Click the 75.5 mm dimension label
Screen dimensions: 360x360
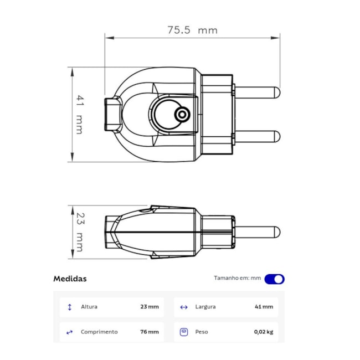point(192,30)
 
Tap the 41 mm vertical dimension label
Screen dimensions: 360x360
point(79,115)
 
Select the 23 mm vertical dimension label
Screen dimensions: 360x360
point(79,232)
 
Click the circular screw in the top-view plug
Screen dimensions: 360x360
point(181,115)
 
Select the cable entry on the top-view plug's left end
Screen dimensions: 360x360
point(114,114)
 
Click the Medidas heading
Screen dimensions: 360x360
point(70,279)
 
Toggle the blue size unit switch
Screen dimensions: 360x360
point(274,279)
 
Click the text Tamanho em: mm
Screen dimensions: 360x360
point(237,279)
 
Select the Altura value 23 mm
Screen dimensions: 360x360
point(149,307)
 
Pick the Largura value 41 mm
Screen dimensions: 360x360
point(263,307)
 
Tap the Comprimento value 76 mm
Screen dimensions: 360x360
point(149,332)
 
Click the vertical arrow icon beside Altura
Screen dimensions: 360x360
point(70,307)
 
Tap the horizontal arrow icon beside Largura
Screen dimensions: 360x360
point(184,307)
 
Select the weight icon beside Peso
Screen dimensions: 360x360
point(184,332)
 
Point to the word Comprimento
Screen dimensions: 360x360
point(99,332)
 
